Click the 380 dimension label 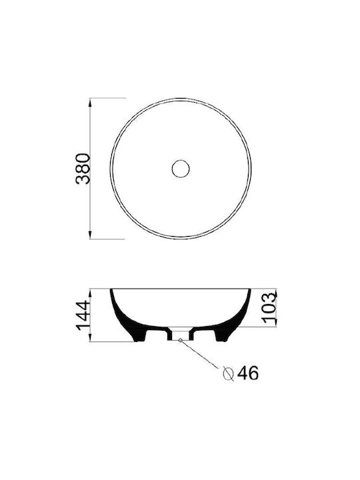(83, 169)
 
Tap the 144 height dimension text (83, 315)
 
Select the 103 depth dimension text (269, 309)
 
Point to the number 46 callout (248, 373)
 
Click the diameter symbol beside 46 (229, 373)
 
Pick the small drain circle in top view (181, 169)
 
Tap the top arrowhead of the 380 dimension (90, 102)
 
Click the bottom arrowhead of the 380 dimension (90, 235)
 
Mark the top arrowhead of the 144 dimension (90, 293)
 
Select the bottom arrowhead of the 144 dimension (90, 337)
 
